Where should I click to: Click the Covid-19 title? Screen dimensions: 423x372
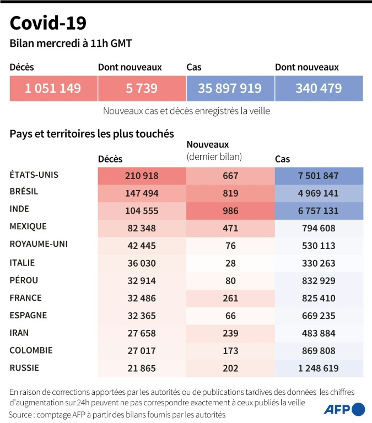tap(48, 23)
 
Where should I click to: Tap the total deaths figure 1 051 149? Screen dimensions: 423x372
tap(53, 88)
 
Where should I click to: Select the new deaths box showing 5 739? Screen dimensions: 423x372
tap(142, 88)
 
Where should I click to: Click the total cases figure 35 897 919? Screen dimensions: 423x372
tap(230, 88)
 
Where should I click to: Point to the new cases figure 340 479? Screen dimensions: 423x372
tap(319, 88)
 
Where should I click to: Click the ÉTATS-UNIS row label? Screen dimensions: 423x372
tap(34, 175)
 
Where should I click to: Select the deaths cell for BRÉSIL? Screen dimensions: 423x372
tap(142, 193)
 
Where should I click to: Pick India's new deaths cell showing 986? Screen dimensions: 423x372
tap(230, 210)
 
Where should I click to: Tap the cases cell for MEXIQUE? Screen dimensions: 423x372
tap(319, 228)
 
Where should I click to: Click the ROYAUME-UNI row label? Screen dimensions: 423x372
tap(39, 244)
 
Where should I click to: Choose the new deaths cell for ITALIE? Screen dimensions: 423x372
tap(230, 263)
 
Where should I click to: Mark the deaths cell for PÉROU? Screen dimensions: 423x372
tap(142, 281)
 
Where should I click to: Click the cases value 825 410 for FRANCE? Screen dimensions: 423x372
tap(319, 299)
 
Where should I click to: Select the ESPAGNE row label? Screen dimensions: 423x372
tap(28, 316)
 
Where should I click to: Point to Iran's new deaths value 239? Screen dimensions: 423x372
tap(230, 334)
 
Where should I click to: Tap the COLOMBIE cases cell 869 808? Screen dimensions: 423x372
tap(319, 351)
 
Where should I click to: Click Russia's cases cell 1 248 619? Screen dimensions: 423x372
tap(319, 368)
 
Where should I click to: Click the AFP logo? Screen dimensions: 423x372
tap(344, 409)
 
